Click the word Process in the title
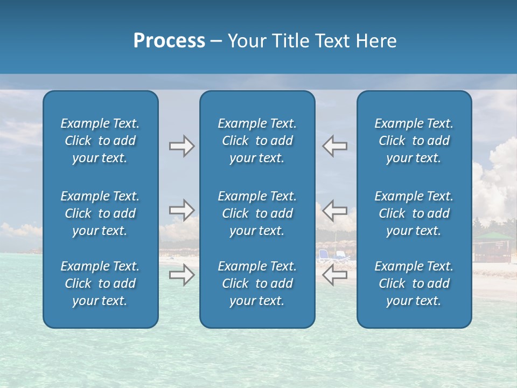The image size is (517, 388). click(x=169, y=41)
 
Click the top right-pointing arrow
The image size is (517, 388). click(x=181, y=146)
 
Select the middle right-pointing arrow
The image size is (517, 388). click(x=181, y=210)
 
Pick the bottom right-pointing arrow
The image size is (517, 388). click(x=181, y=275)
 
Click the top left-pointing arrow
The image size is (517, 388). click(x=335, y=146)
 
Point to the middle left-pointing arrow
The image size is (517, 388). click(x=335, y=210)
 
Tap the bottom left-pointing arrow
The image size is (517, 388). click(x=335, y=275)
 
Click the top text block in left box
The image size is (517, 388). click(x=100, y=141)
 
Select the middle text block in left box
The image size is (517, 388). click(x=100, y=213)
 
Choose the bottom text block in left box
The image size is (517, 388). click(x=100, y=283)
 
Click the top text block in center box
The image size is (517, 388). click(x=257, y=141)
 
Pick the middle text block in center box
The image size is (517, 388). click(x=257, y=213)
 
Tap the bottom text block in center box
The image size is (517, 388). click(x=257, y=283)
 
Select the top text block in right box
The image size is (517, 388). click(x=414, y=141)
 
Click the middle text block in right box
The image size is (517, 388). click(x=414, y=213)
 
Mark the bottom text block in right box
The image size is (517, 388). click(x=414, y=283)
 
